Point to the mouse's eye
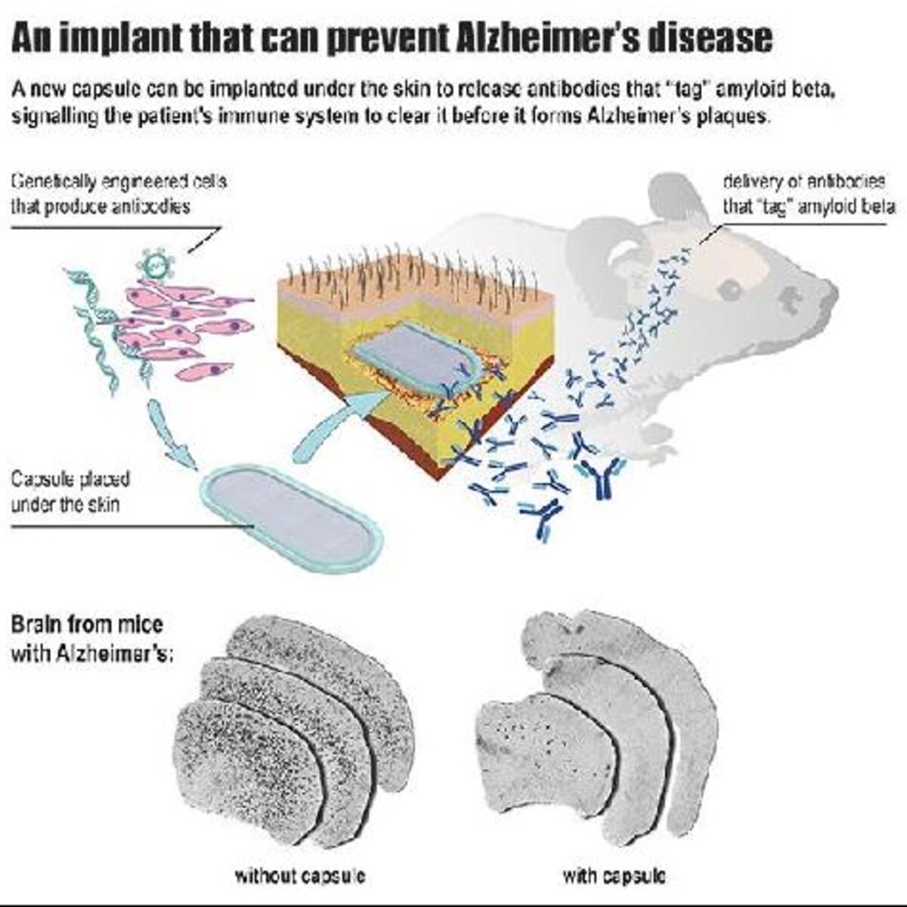[x=730, y=287]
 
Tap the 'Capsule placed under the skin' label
[x=70, y=492]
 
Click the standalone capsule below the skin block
[x=292, y=519]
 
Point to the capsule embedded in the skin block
[x=414, y=357]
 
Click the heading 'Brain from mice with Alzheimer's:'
[x=91, y=639]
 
